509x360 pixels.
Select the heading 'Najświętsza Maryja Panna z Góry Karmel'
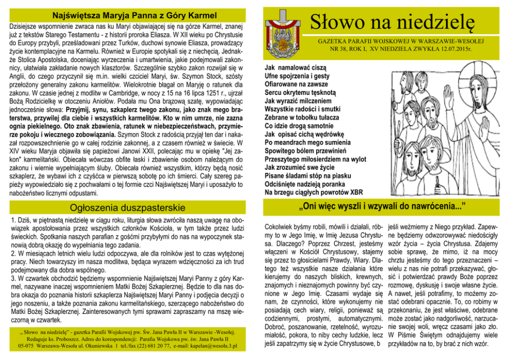129,13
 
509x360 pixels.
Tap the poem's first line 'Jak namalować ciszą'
295,68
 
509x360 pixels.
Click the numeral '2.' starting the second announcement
13,253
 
